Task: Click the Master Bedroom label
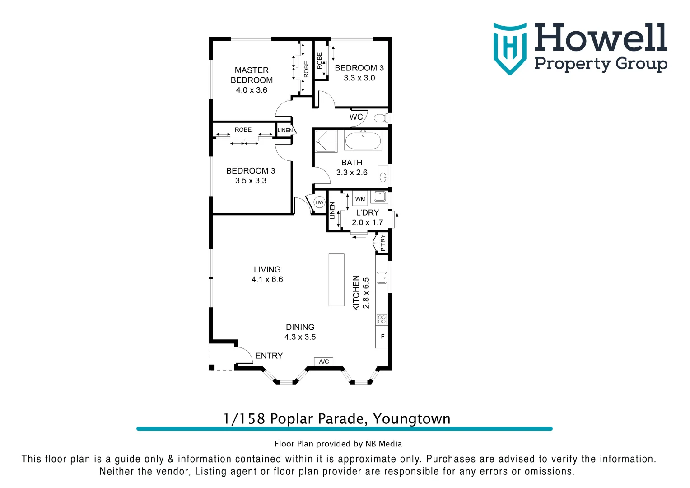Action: (252, 75)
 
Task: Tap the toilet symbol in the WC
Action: (380, 118)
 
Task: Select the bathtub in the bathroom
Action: (363, 141)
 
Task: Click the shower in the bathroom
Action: (326, 141)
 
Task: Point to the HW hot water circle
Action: (319, 202)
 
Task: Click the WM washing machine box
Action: (360, 199)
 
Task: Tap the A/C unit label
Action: (324, 361)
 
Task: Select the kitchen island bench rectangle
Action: (336, 280)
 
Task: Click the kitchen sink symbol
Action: (382, 277)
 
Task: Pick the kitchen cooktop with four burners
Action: (382, 319)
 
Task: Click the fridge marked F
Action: (382, 337)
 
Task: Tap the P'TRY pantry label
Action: (383, 243)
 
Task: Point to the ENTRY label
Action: (269, 356)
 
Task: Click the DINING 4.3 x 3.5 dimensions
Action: (300, 337)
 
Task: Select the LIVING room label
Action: (267, 269)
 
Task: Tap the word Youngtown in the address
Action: (411, 419)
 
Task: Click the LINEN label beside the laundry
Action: (333, 211)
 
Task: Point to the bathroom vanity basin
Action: (383, 177)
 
